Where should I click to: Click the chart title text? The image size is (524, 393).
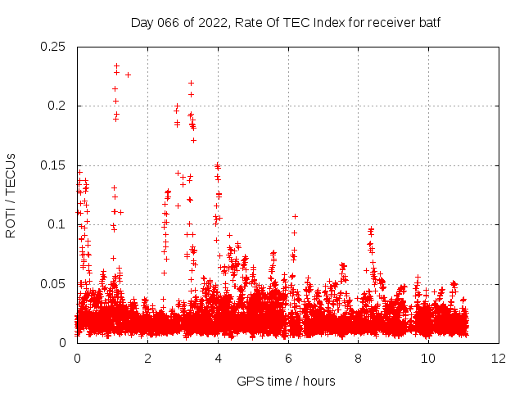[x=286, y=23]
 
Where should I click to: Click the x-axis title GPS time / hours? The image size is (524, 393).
[x=286, y=381]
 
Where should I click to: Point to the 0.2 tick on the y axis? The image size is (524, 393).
[x=60, y=106]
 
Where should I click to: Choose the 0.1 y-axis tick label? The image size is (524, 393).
[x=60, y=224]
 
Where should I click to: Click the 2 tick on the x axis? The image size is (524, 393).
[x=147, y=359]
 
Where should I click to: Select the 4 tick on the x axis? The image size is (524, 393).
[x=218, y=359]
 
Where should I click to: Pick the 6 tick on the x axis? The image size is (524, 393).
[x=288, y=359]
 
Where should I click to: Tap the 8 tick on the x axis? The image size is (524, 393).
[x=359, y=359]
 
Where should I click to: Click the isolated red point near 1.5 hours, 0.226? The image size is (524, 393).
[x=128, y=75]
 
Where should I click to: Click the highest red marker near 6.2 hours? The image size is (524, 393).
[x=295, y=216]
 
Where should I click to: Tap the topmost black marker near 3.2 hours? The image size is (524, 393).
[x=191, y=83]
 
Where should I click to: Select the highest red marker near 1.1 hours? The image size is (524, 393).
[x=116, y=65]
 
